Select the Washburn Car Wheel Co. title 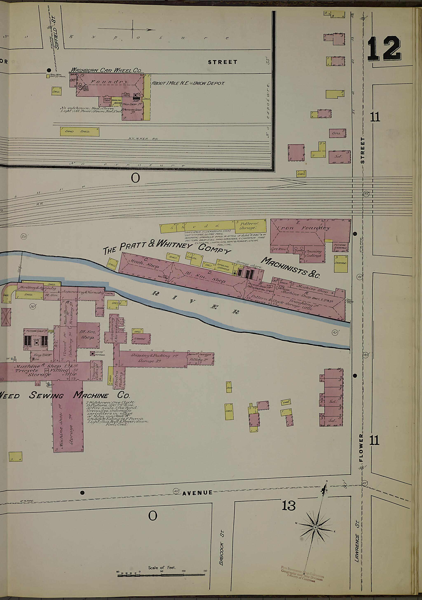click(x=106, y=70)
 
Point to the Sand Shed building click(x=80, y=131)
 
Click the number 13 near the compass click(x=288, y=505)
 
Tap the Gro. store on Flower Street click(x=337, y=133)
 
